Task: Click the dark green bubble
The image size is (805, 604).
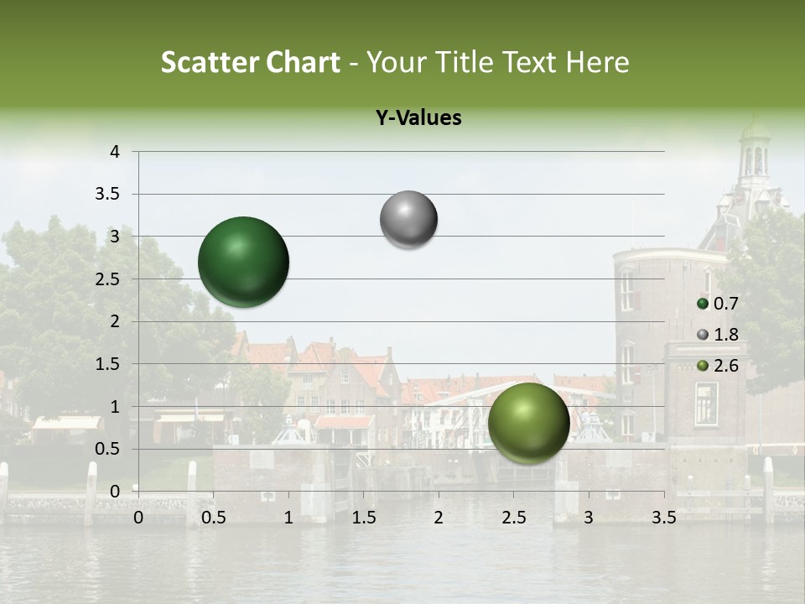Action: (243, 262)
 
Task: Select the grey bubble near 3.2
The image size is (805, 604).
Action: (408, 220)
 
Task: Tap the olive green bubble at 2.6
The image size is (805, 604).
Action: (528, 423)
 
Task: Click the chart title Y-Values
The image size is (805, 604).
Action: (418, 118)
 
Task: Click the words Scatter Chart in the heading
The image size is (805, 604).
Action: (250, 62)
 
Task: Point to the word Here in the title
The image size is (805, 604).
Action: (597, 62)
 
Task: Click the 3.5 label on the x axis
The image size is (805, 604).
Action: (663, 518)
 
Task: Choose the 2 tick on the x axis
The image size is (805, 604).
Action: (439, 518)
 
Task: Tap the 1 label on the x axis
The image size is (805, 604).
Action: (288, 518)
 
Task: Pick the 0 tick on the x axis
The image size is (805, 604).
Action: (138, 518)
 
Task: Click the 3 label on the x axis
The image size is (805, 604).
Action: (588, 518)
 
